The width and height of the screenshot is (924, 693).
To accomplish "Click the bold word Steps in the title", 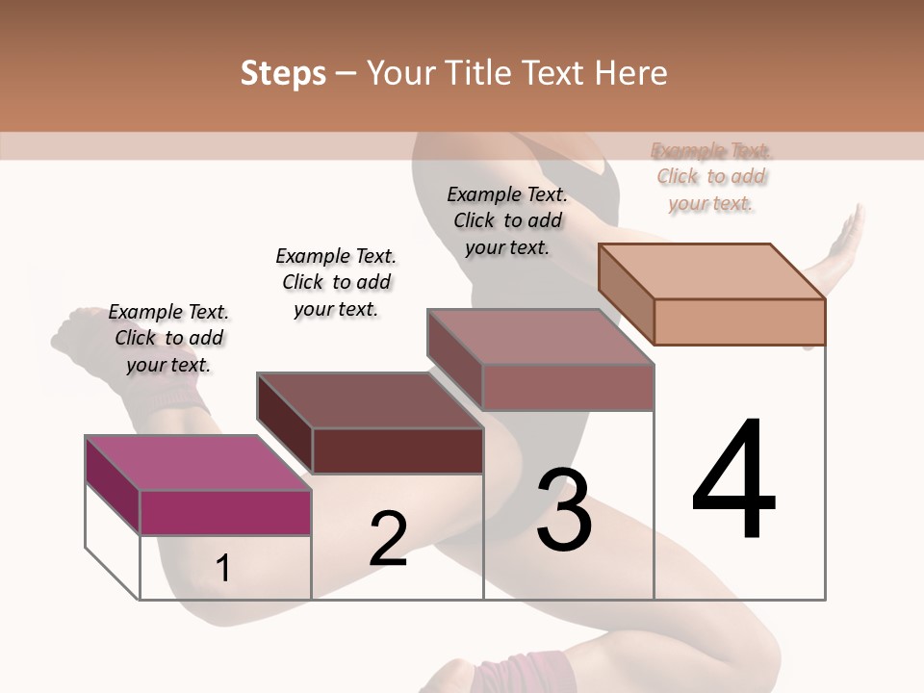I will click(x=283, y=73).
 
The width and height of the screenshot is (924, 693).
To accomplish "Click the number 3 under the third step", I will click(x=564, y=510).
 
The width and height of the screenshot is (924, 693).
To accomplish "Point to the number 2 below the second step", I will click(x=388, y=539).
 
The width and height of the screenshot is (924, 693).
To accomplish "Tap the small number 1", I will click(x=222, y=569).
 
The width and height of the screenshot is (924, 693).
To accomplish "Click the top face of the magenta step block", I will click(x=198, y=463).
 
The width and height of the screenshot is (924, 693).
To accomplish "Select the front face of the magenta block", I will click(x=226, y=512).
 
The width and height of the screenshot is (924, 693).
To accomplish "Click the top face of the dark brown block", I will click(x=370, y=399).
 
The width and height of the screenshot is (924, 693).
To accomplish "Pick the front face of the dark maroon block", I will click(x=398, y=450).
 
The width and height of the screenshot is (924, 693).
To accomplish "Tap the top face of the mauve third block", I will click(x=540, y=337).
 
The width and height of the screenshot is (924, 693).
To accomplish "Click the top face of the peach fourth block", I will click(x=711, y=271).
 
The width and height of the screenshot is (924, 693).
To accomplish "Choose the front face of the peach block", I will click(x=739, y=321).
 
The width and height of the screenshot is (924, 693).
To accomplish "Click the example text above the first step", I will click(x=168, y=338).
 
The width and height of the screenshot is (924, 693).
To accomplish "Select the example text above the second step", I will click(x=336, y=282).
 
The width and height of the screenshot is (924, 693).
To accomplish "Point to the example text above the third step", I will click(x=507, y=220).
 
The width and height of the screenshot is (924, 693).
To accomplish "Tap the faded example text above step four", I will click(x=711, y=176).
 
